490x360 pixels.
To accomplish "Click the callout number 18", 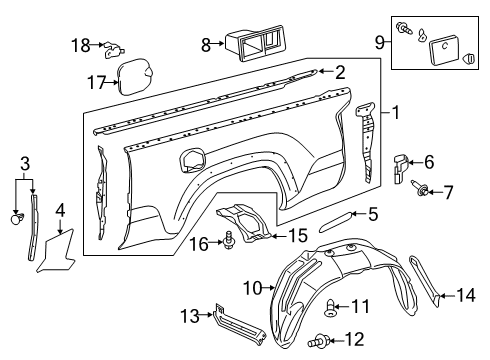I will point(79,44).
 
